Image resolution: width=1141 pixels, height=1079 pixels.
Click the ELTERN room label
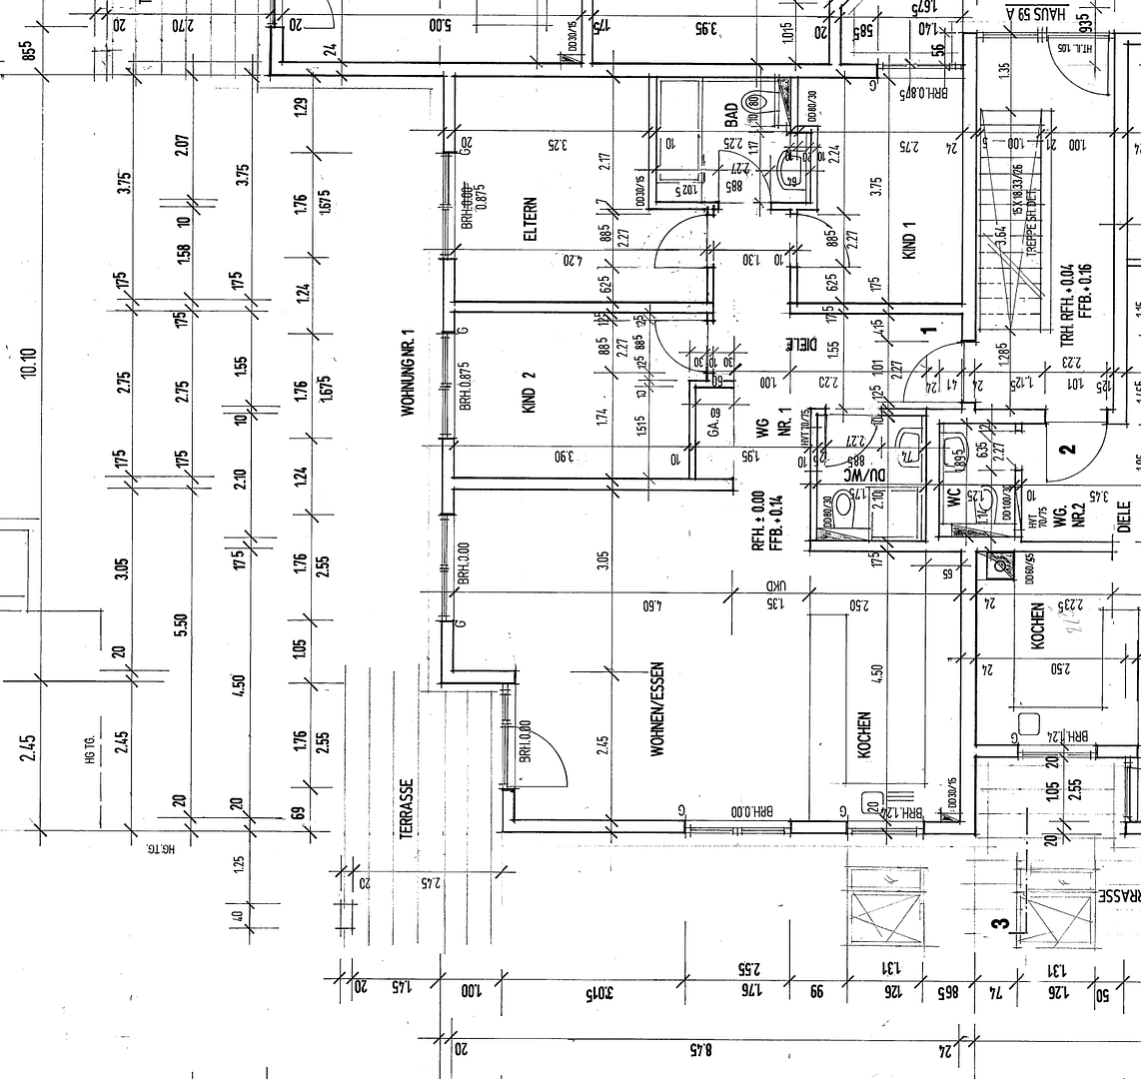point(530,219)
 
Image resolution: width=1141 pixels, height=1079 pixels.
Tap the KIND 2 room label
point(530,392)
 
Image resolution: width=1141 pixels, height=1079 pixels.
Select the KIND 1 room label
point(908,240)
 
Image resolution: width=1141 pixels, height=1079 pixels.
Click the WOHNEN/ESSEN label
point(657,710)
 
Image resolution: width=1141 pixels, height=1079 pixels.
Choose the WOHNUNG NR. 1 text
point(407,372)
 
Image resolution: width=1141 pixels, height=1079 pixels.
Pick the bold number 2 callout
point(1068,449)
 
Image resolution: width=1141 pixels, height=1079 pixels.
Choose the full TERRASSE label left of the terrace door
point(407,809)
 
